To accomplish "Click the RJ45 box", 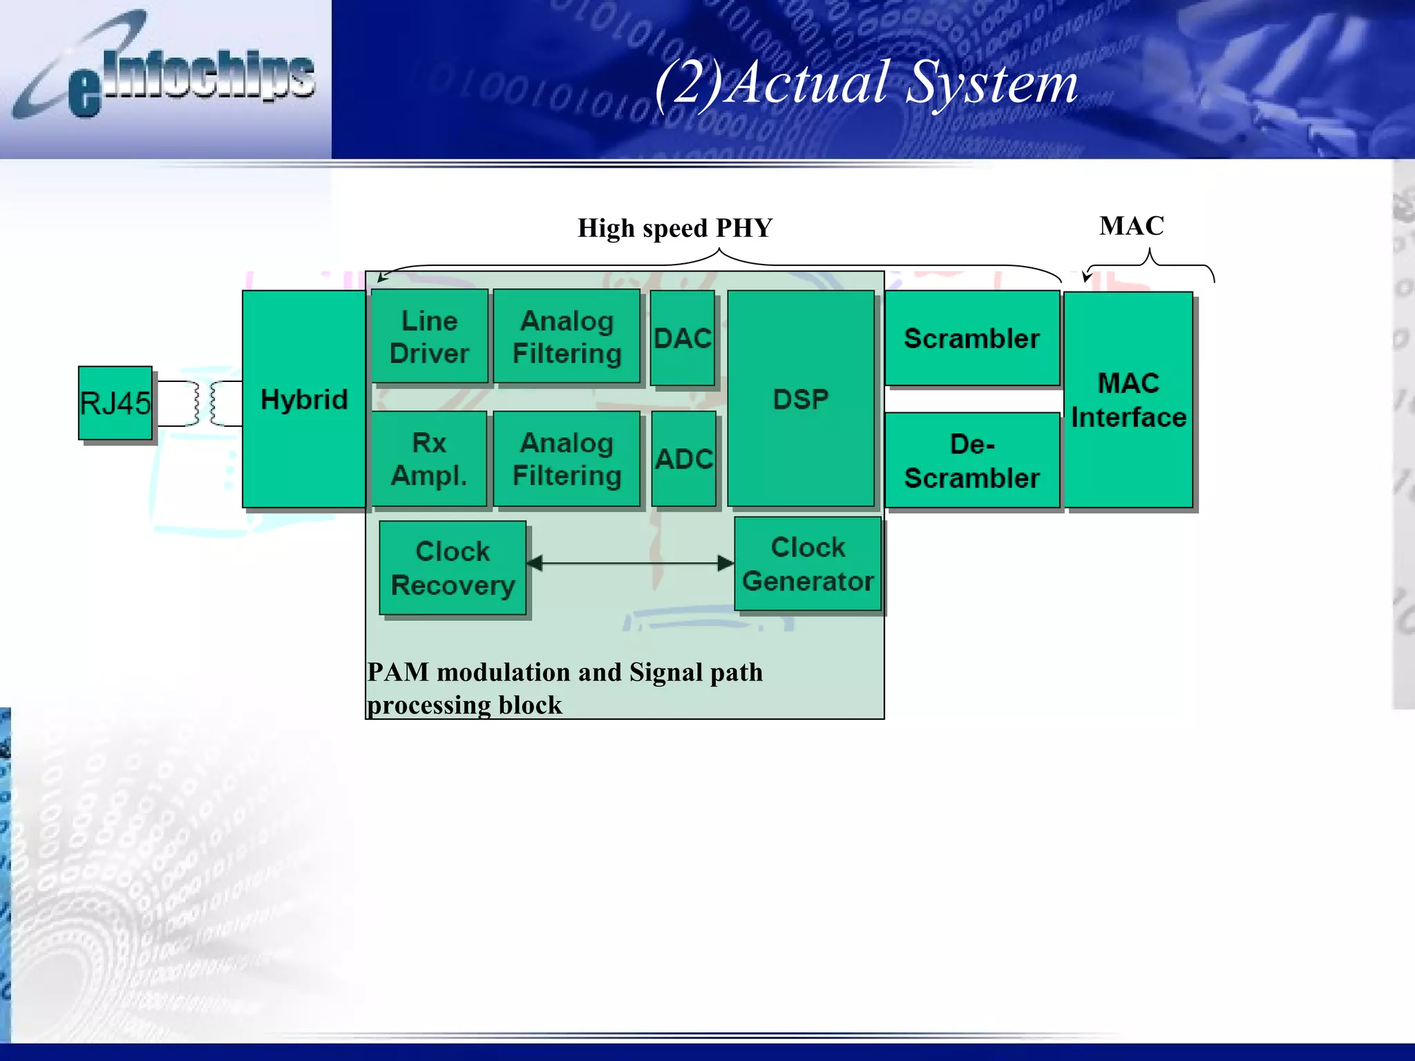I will [x=115, y=403].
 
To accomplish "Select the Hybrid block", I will [x=304, y=399].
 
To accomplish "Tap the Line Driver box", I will [x=429, y=336].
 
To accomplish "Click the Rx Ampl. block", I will [x=429, y=459].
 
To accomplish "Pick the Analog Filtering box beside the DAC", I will [x=567, y=336].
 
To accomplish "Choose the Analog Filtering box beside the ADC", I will [x=567, y=459].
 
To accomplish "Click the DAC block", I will [x=683, y=338].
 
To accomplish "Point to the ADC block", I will [x=683, y=459].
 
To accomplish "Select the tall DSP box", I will [x=801, y=399].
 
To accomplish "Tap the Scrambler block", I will [x=971, y=338].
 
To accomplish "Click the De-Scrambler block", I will [x=971, y=460].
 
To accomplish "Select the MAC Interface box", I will [x=1128, y=399].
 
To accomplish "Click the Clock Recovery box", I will [x=453, y=568].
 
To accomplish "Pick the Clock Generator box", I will [x=808, y=564].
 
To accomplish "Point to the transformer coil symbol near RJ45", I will [x=205, y=403].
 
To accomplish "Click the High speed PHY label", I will [x=674, y=228].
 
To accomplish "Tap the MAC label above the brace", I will [x=1131, y=226].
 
